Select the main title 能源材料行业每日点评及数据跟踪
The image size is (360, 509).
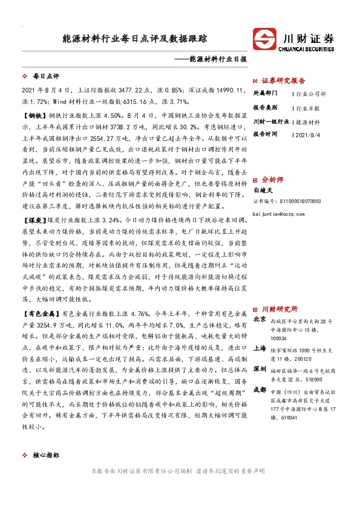(x=135, y=38)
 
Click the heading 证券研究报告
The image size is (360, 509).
(x=284, y=80)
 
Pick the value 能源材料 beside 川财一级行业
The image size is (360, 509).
(x=309, y=122)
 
